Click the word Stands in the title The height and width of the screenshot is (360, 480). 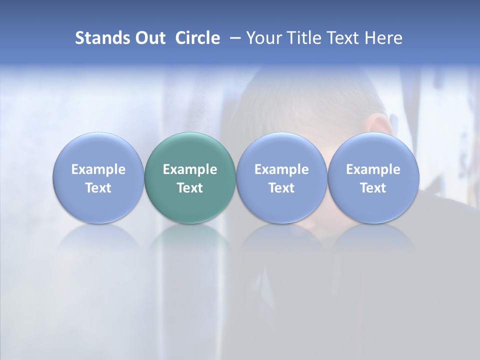102,38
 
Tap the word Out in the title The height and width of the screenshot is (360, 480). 149,38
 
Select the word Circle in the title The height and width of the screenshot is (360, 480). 197,38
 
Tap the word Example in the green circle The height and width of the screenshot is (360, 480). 190,169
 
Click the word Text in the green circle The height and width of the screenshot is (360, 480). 190,188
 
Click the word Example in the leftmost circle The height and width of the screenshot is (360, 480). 98,169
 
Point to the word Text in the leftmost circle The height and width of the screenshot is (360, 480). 98,188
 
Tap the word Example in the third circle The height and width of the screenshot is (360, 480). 281,169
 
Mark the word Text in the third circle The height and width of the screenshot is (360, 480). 281,188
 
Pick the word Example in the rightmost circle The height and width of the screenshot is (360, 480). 373,169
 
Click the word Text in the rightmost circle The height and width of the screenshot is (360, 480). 373,188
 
